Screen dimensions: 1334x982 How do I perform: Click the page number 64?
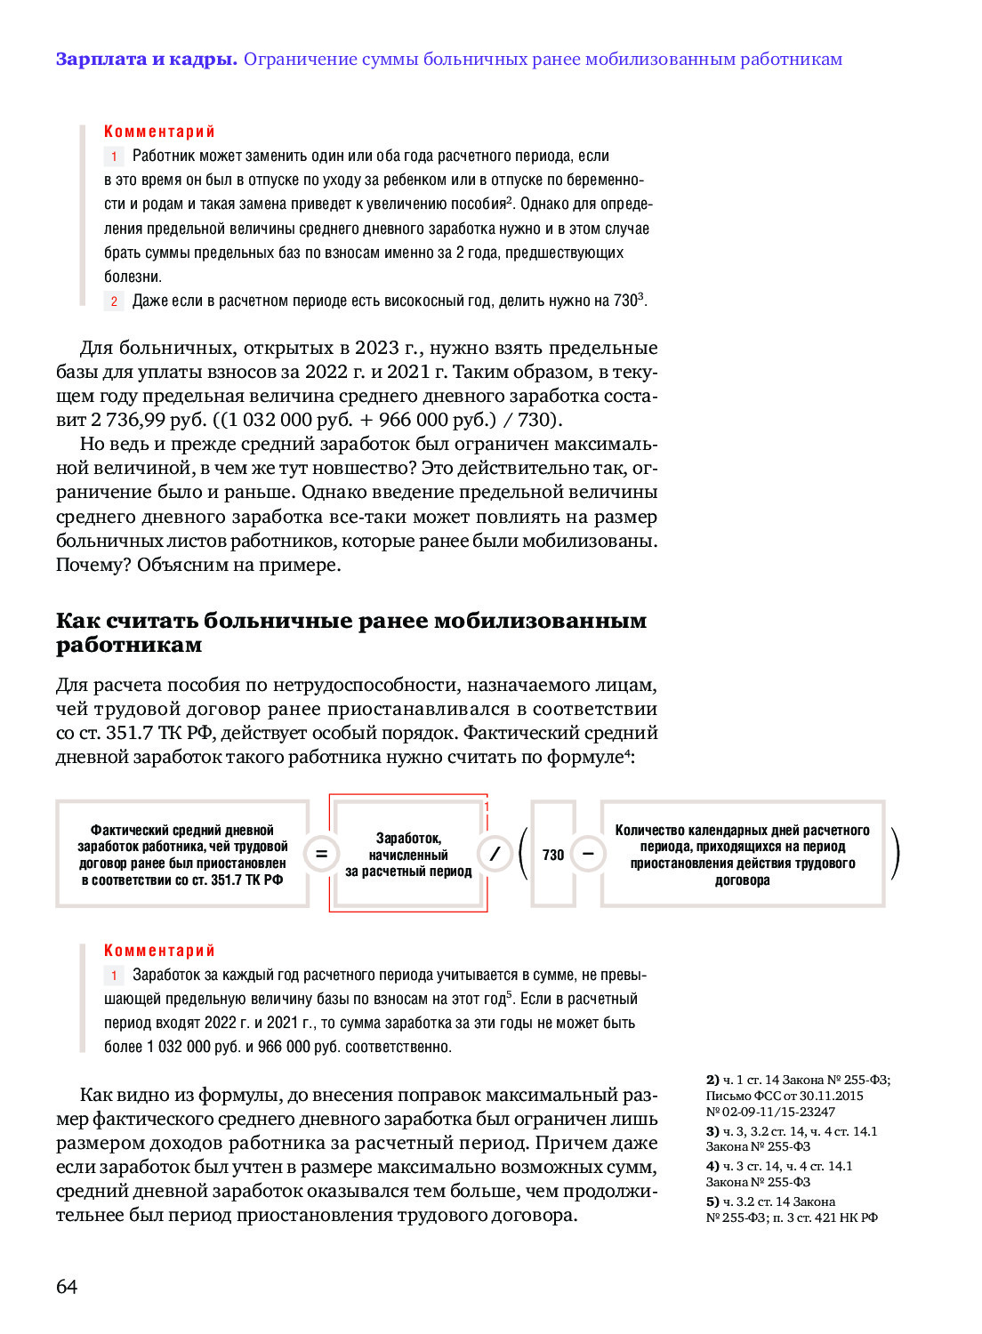point(67,1286)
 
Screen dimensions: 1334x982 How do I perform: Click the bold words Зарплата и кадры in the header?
point(146,60)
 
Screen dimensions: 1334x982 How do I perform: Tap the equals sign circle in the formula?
point(321,855)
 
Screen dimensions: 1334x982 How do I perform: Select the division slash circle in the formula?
point(495,855)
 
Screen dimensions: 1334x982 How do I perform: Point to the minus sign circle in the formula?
point(588,855)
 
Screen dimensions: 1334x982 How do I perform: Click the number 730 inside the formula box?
point(553,855)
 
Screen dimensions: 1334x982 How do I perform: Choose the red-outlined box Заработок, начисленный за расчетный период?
point(408,855)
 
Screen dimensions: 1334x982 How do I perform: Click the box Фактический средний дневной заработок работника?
point(182,855)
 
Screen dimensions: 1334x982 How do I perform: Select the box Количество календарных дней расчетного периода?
point(742,855)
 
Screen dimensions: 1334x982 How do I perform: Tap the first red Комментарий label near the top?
point(159,132)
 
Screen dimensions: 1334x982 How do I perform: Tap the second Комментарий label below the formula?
point(159,951)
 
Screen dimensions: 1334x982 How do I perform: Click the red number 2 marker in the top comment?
point(114,301)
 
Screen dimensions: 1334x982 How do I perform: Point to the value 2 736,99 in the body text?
point(128,420)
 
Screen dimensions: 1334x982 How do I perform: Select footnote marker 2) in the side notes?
point(712,1080)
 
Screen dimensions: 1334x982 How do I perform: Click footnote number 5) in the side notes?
point(712,1201)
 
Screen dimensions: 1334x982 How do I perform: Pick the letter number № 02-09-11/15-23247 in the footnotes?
point(770,1112)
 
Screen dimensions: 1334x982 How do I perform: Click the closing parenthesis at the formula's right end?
point(895,855)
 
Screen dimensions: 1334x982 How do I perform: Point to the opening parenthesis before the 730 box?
point(523,855)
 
